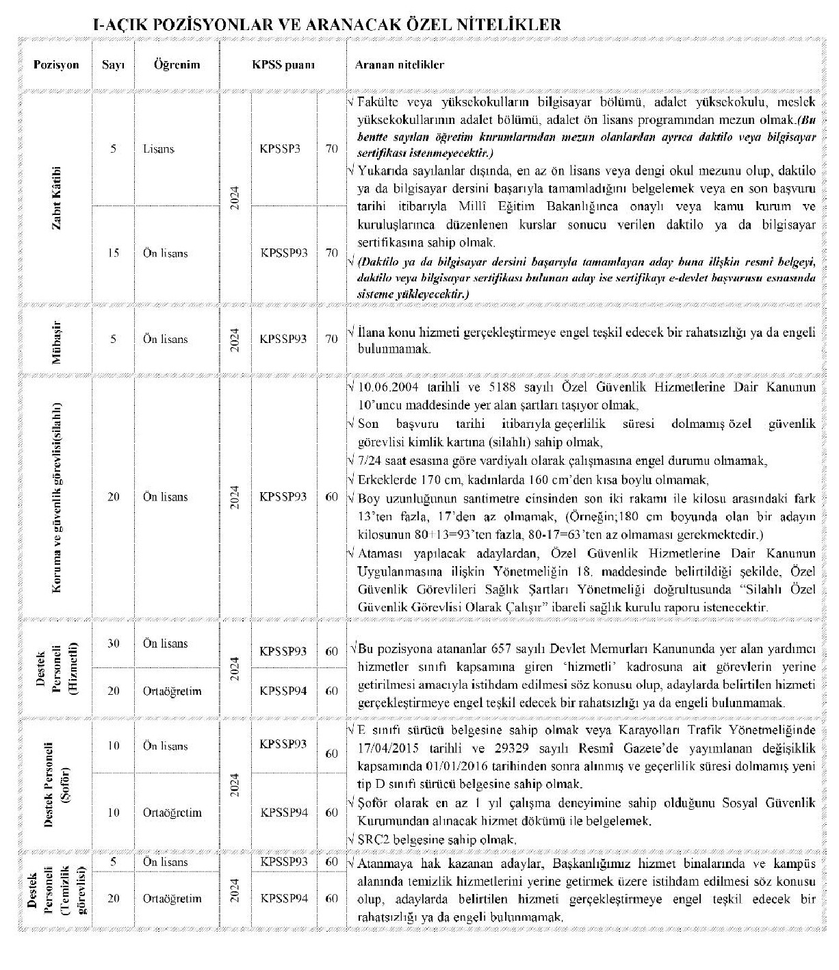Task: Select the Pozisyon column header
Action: (56, 65)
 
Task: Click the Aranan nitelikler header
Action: (400, 65)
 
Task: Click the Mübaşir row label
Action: (57, 339)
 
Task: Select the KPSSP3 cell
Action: (281, 149)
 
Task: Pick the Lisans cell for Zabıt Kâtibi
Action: (159, 149)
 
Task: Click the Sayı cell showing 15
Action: (114, 253)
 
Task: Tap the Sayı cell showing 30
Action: (114, 643)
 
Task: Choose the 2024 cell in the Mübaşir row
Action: (235, 340)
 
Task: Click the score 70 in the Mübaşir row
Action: (331, 339)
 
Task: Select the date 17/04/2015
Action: (386, 748)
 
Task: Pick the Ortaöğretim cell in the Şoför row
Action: (172, 813)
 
